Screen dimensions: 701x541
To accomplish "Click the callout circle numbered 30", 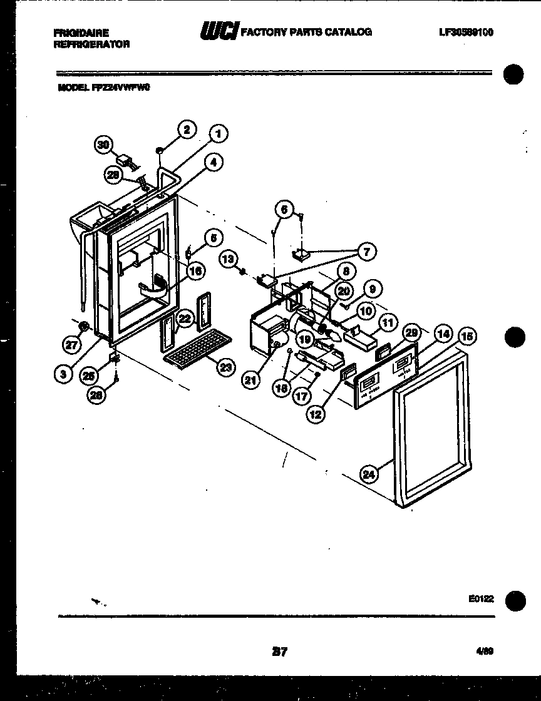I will pyautogui.click(x=104, y=145).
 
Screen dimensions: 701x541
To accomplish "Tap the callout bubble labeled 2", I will pyautogui.click(x=186, y=129).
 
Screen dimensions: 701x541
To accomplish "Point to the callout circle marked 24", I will pyautogui.click(x=370, y=474).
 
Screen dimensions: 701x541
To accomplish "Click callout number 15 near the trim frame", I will pyautogui.click(x=466, y=337).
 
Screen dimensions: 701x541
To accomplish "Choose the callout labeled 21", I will pyautogui.click(x=251, y=380).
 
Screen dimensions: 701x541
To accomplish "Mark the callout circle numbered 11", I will pyautogui.click(x=388, y=323).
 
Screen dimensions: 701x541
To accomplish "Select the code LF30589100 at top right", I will pyautogui.click(x=466, y=32).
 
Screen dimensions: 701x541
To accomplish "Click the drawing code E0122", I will pyautogui.click(x=480, y=598).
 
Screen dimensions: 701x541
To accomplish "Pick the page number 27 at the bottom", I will pyautogui.click(x=279, y=652).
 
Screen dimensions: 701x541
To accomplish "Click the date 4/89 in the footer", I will pyautogui.click(x=485, y=651).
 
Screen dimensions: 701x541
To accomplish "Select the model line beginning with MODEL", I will pyautogui.click(x=103, y=88).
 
